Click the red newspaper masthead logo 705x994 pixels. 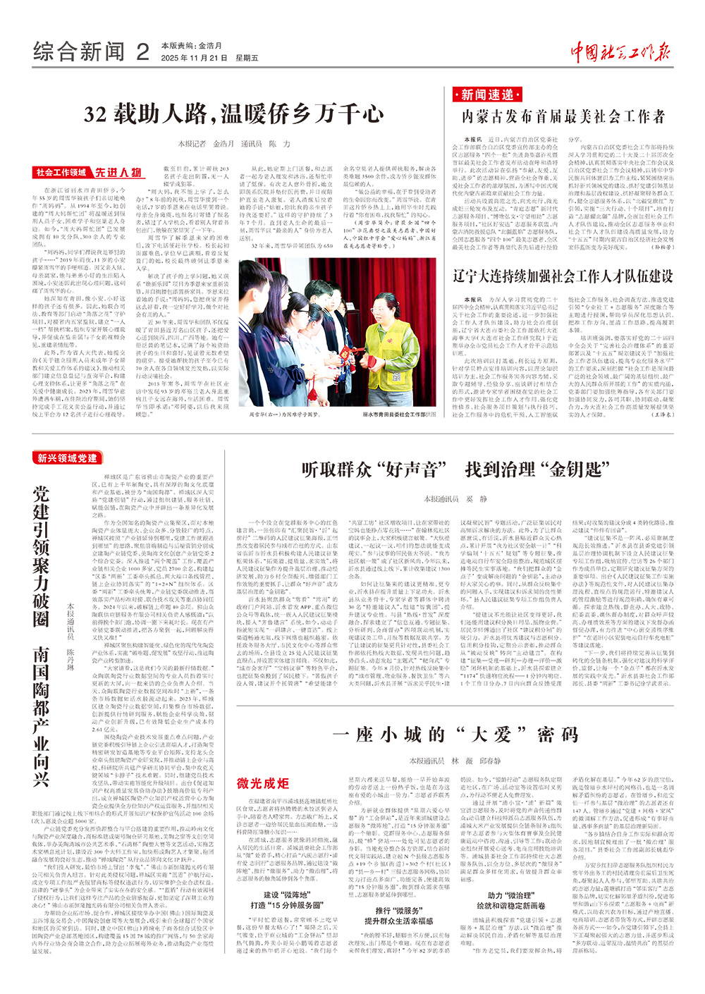(x=620, y=51)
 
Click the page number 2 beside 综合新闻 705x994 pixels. (x=143, y=51)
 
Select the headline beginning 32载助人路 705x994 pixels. (x=233, y=114)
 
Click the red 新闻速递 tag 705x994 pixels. (x=487, y=94)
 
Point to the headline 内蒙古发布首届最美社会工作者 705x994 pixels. (x=563, y=116)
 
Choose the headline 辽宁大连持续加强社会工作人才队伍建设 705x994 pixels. (x=563, y=276)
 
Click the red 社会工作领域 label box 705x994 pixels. (x=62, y=173)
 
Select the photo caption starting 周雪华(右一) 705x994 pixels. (x=280, y=415)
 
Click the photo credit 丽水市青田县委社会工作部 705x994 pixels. (x=399, y=415)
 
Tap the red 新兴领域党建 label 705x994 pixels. (x=68, y=458)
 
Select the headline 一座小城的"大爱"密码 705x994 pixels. (x=455, y=735)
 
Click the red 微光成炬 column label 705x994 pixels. (x=263, y=783)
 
